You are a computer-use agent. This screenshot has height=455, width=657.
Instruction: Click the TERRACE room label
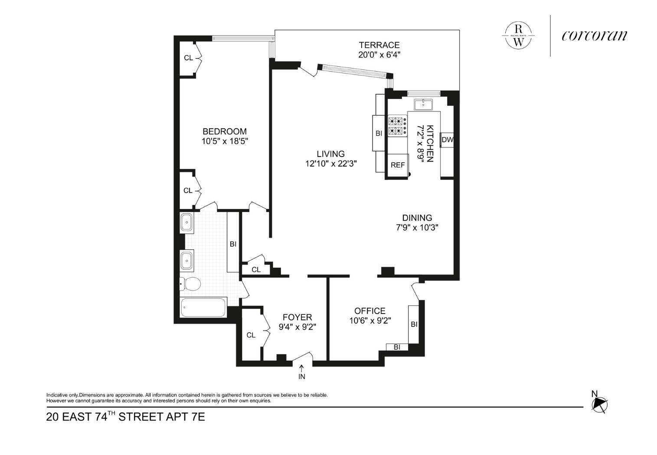pos(379,45)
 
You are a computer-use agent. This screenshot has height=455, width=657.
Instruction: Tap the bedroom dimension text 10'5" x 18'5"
pos(225,141)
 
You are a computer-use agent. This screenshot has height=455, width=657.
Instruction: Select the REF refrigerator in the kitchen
pos(398,165)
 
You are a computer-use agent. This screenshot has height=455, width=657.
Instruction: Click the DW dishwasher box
pos(447,140)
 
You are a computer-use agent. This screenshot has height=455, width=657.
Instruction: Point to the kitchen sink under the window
pos(423,105)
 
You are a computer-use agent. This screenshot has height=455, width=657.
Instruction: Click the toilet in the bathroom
pos(190,284)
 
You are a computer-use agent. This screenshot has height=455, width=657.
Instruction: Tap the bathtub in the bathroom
pos(203,307)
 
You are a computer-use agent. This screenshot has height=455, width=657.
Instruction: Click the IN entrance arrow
pos(301,368)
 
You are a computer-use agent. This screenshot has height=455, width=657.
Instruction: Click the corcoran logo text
pos(595,36)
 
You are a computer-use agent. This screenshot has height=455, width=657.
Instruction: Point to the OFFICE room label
pos(370,311)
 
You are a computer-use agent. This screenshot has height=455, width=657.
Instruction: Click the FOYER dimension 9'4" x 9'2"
pos(297,327)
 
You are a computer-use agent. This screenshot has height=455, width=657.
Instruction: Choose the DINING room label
pos(417,218)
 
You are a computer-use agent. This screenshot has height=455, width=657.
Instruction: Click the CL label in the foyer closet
pos(251,335)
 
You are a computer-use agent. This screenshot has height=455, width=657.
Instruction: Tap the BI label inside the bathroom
pos(233,244)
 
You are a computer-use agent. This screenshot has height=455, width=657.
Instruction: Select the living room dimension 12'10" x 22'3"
pos(331,164)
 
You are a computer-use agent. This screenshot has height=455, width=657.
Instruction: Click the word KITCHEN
pos(430,144)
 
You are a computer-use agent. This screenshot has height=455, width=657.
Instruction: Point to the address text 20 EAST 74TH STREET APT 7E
pos(125,416)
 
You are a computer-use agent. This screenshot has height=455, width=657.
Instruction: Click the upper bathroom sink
pos(186,223)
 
